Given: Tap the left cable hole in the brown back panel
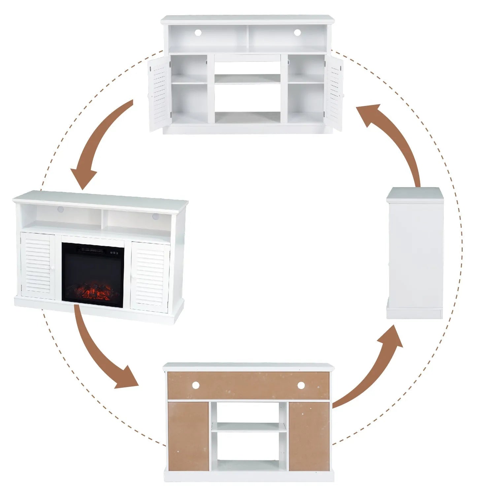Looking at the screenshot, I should pyautogui.click(x=196, y=385).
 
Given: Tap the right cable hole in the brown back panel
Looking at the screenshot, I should pyautogui.click(x=301, y=385).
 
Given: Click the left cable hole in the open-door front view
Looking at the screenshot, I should pyautogui.click(x=198, y=33).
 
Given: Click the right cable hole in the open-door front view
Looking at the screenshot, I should pyautogui.click(x=297, y=33).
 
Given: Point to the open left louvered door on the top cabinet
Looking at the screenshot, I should pyautogui.click(x=159, y=94).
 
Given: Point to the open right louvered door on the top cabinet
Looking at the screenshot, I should pyautogui.click(x=334, y=94).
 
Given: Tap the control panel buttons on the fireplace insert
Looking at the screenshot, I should pyautogui.click(x=114, y=253).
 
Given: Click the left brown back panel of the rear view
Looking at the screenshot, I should pyautogui.click(x=188, y=436).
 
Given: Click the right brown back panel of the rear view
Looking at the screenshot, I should pyautogui.click(x=309, y=436).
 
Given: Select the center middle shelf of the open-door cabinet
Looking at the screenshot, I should pyautogui.click(x=247, y=79).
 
